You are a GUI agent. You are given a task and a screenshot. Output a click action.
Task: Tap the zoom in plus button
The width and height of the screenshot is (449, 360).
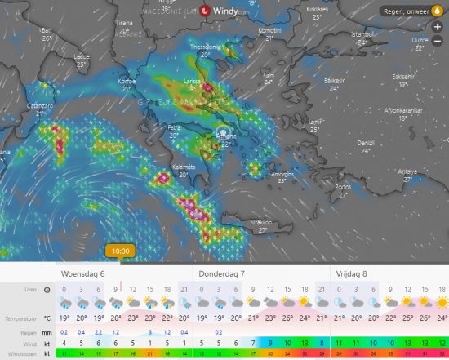(438, 27)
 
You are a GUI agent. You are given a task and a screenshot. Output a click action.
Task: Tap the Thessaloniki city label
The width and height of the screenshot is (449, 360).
(206, 47)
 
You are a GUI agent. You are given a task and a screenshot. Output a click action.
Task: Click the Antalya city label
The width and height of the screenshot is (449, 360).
(406, 171)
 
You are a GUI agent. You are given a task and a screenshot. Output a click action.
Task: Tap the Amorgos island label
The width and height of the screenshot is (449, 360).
(282, 174)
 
